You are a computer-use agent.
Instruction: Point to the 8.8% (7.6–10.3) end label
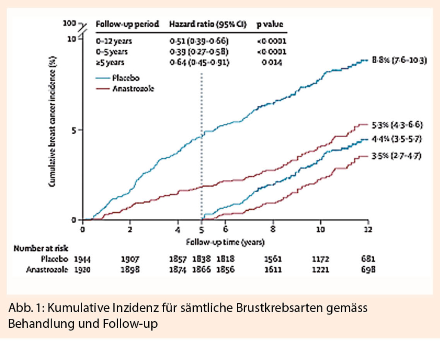pos(397,61)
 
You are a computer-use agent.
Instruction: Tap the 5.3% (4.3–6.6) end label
pos(397,125)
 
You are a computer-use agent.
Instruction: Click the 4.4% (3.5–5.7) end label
pos(397,139)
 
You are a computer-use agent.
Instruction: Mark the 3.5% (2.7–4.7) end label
pos(397,156)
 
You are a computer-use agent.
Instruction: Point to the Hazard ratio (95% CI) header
pos(208,24)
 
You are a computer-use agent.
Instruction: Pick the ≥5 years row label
pos(110,62)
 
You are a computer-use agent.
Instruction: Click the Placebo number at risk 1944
pos(82,259)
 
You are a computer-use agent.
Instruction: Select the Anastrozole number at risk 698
pos(368,269)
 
